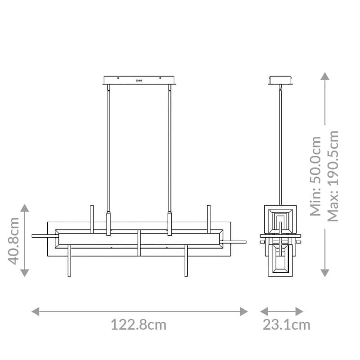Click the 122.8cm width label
[x=139, y=325]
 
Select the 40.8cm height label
[x=15, y=240]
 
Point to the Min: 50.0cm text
[x=316, y=176]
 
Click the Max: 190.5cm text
[x=333, y=176]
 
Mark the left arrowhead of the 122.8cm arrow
[x=35, y=311]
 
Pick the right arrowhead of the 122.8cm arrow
[x=244, y=311]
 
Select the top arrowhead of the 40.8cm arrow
[x=25, y=207]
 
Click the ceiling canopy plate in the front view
[x=139, y=80]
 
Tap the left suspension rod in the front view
[x=108, y=148]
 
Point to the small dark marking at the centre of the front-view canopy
[x=139, y=80]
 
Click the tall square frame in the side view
[x=281, y=243]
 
